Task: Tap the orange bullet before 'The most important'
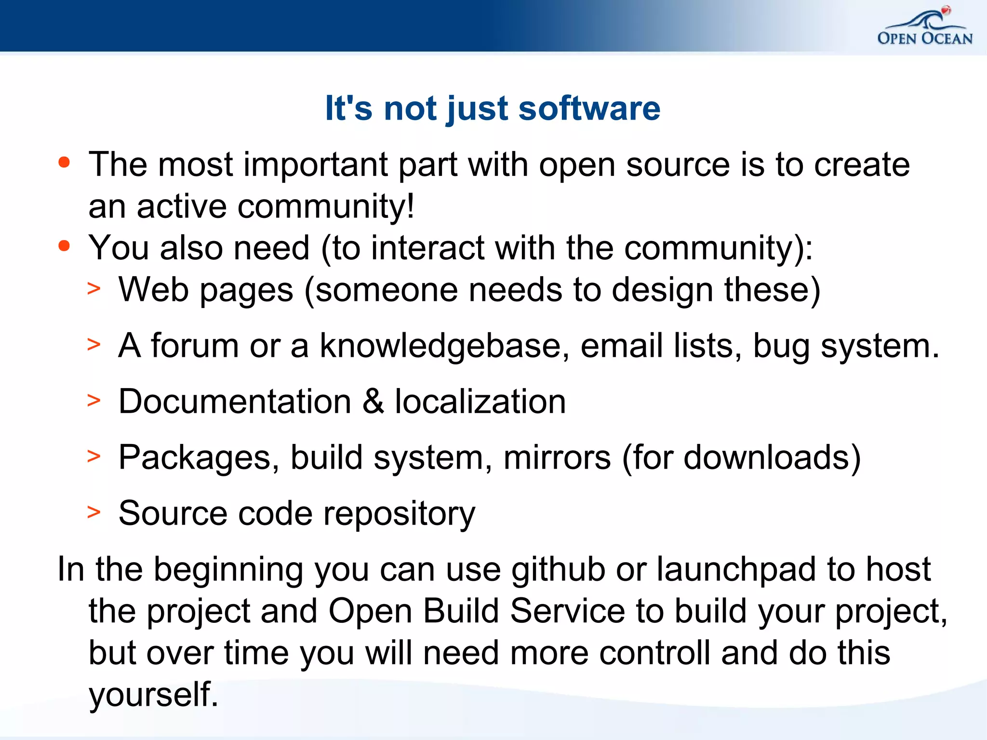(x=64, y=162)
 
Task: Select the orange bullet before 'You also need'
(x=64, y=246)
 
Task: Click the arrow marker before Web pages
(x=94, y=289)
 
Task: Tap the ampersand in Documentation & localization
(x=373, y=401)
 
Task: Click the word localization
(x=480, y=401)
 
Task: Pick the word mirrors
(x=557, y=457)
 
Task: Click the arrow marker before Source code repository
(x=94, y=512)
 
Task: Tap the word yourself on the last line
(x=153, y=695)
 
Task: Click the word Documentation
(x=235, y=401)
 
